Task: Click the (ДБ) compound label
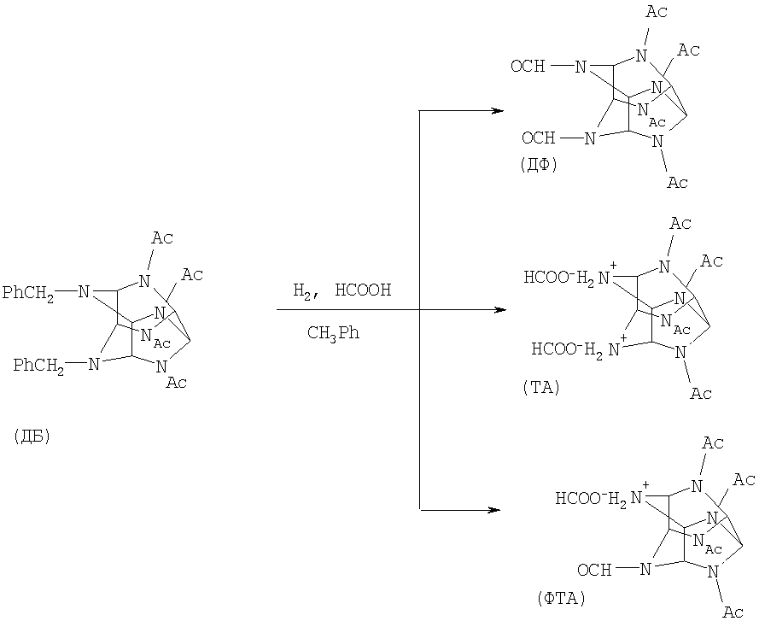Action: point(32,437)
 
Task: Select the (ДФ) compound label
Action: point(538,166)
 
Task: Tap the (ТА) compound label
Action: point(540,388)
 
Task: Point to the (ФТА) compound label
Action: point(561,598)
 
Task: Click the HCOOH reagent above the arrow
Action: point(363,290)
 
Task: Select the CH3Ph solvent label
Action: point(333,333)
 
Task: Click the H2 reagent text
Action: point(304,291)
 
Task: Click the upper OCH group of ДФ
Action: point(528,66)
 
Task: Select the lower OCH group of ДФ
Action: point(538,138)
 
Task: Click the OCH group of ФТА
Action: point(594,569)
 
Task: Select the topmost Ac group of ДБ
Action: point(162,237)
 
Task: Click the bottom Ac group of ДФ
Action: point(677,182)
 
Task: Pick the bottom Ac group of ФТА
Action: point(733,612)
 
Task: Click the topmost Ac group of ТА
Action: point(680,223)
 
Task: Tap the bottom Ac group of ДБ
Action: point(176,382)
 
